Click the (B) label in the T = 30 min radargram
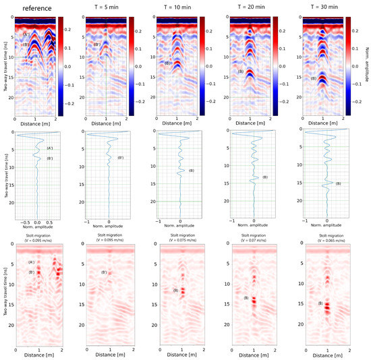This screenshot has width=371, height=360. coord(313,78)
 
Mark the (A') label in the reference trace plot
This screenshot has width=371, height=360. coord(50,148)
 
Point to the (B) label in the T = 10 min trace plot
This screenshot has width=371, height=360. coord(192,170)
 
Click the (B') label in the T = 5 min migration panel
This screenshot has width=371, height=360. coord(105,272)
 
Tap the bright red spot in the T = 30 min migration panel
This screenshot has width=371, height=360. coord(327,307)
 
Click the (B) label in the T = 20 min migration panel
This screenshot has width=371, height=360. coord(246,297)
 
